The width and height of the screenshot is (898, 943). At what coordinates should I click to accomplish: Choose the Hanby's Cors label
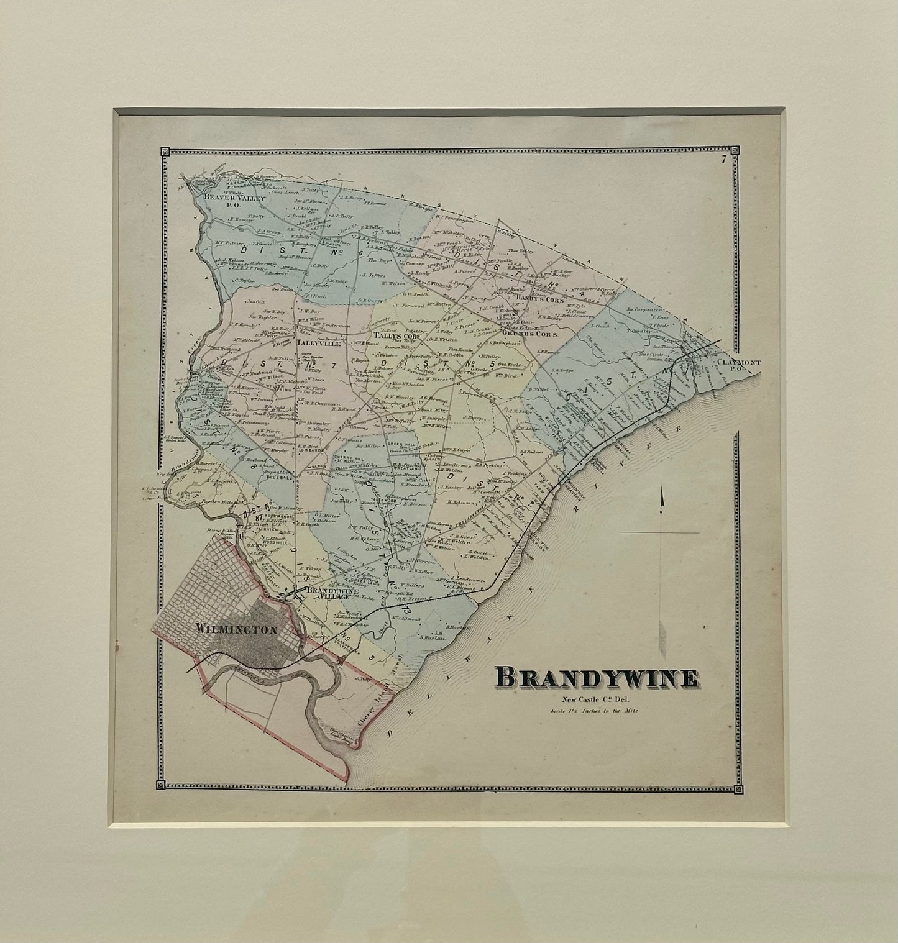point(538,299)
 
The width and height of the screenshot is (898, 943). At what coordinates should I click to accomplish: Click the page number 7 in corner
point(724,160)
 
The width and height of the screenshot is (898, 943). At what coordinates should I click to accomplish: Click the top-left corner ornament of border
point(165,151)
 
